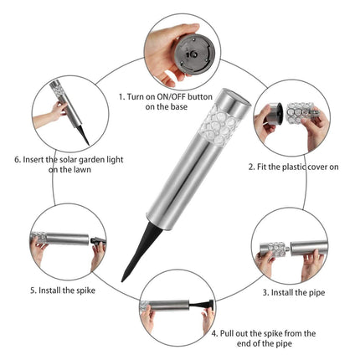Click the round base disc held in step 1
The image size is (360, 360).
194,54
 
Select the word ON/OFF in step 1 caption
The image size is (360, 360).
171,97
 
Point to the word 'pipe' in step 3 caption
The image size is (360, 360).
316,293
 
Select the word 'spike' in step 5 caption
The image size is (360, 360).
85,291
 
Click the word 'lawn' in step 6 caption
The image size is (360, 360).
81,170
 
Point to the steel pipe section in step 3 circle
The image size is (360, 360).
308,248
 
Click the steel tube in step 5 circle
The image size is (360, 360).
67,239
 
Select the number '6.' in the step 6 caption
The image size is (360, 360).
18,160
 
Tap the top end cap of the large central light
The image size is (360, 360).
237,97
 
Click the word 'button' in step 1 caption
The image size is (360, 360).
200,97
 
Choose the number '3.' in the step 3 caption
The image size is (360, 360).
266,293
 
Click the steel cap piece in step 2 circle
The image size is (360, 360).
274,114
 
